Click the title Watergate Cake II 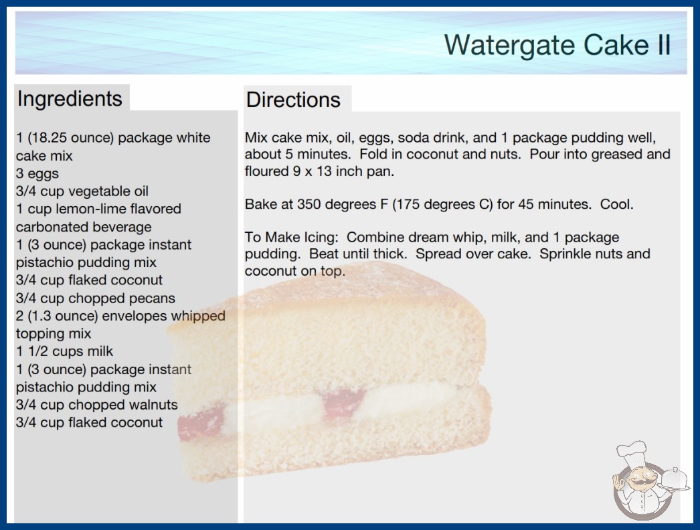[x=557, y=45]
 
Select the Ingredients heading [x=70, y=98]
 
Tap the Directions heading [x=293, y=100]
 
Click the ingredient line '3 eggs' [x=37, y=173]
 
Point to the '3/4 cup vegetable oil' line [x=82, y=191]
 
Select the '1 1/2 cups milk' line [x=65, y=351]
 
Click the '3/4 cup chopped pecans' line [x=96, y=298]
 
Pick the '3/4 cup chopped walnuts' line [x=97, y=405]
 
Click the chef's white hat [x=631, y=453]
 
